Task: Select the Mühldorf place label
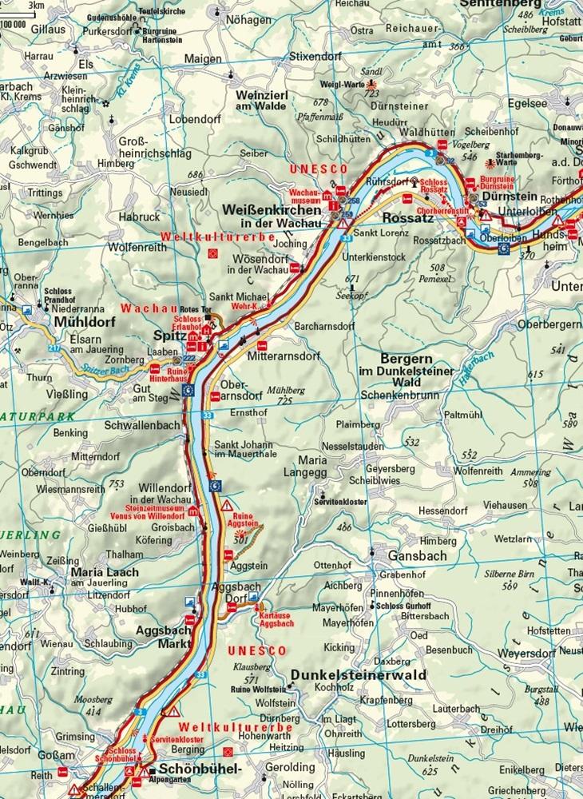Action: click(85, 322)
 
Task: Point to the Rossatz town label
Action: click(407, 217)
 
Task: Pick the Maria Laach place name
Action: click(105, 572)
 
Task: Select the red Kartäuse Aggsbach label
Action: click(276, 618)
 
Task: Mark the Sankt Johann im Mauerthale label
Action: click(243, 449)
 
